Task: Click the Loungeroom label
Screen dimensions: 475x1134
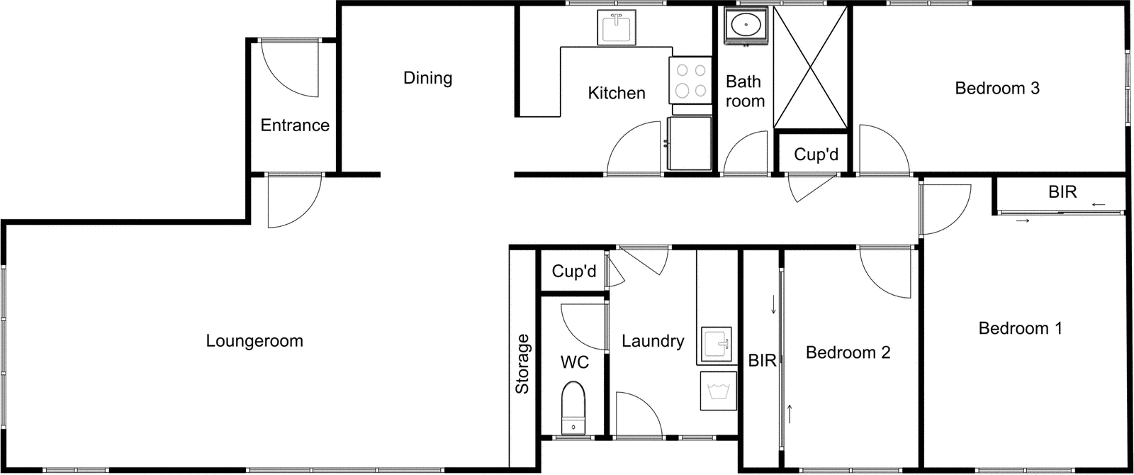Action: (254, 341)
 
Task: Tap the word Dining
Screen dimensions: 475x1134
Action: (427, 78)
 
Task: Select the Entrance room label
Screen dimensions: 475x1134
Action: (295, 125)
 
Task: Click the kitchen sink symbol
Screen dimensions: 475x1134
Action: (617, 28)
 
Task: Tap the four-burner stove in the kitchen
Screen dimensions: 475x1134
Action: (690, 80)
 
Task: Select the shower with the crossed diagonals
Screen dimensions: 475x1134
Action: (811, 68)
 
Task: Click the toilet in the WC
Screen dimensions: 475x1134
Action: (573, 408)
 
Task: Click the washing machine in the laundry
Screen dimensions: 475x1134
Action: (719, 391)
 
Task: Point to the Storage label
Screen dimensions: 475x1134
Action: (522, 364)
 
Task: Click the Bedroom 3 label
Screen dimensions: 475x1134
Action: (997, 89)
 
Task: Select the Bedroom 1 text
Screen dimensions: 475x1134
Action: (1020, 328)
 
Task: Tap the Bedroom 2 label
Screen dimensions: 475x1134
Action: (848, 352)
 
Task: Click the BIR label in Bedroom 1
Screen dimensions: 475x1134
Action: (1062, 192)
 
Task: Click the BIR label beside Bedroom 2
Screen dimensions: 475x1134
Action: (762, 361)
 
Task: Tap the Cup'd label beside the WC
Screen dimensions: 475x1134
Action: (573, 272)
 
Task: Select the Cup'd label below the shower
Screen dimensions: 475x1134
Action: (816, 155)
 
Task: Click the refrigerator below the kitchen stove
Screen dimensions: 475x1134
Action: (690, 144)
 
